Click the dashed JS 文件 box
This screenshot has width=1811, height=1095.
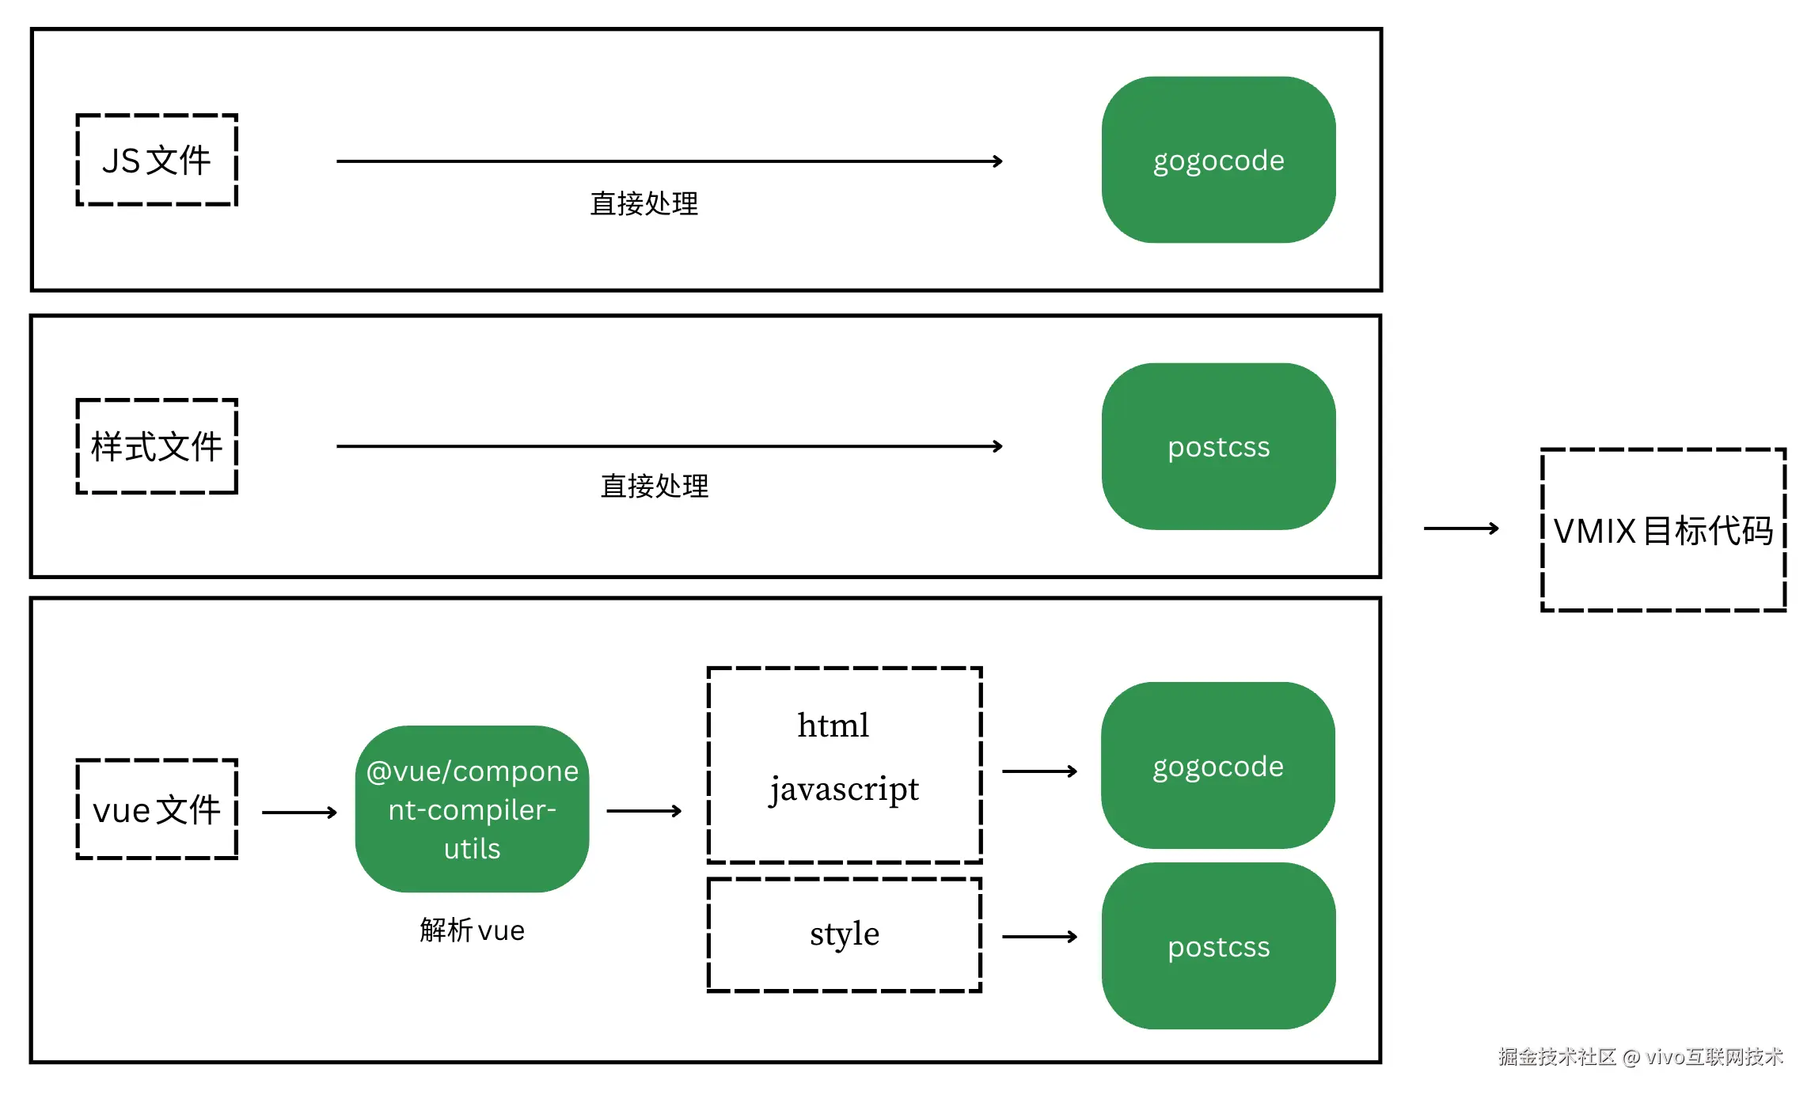click(x=157, y=161)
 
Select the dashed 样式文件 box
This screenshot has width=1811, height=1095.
click(x=157, y=447)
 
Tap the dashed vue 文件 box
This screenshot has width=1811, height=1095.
click(x=157, y=809)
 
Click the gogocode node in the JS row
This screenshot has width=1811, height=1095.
click(x=1218, y=161)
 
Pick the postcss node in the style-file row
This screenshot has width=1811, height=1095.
click(x=1218, y=447)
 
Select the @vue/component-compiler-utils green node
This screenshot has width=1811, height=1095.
click(x=472, y=809)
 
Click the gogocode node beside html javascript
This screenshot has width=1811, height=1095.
click(x=1217, y=766)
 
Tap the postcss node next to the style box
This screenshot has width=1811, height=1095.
click(x=1218, y=946)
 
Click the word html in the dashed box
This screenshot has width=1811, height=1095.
click(x=833, y=726)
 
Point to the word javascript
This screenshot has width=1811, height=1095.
click(x=844, y=789)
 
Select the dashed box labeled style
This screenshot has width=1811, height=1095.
click(x=844, y=934)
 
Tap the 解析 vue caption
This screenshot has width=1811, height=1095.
click(x=472, y=930)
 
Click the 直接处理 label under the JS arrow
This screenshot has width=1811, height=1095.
click(x=644, y=204)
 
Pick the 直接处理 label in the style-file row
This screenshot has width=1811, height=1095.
click(x=654, y=486)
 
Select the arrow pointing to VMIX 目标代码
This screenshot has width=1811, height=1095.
click(x=1460, y=529)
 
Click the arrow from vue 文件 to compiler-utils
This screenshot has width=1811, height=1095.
click(x=299, y=812)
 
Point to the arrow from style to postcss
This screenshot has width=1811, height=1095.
click(x=1039, y=937)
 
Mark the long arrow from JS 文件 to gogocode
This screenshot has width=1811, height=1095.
click(x=669, y=161)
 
